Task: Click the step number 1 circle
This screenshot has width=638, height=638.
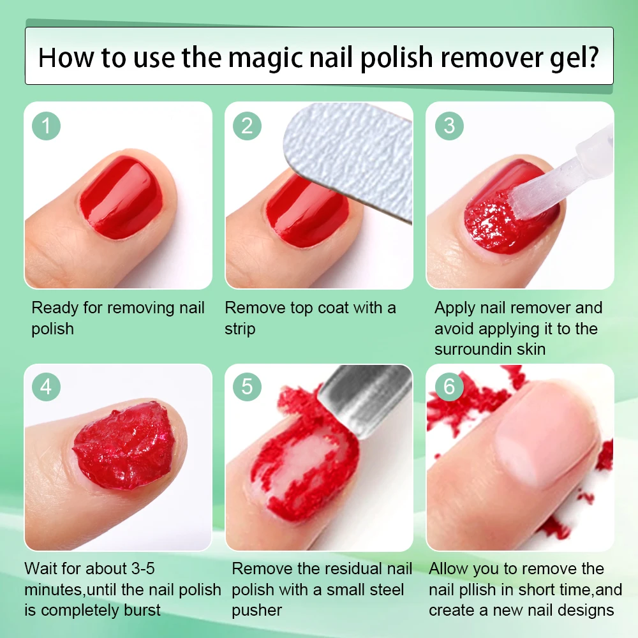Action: click(x=46, y=126)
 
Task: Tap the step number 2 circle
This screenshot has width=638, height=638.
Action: click(x=247, y=126)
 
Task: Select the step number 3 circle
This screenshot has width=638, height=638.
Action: click(x=449, y=126)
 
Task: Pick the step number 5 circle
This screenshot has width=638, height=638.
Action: click(x=247, y=387)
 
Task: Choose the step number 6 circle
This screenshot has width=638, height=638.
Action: click(x=449, y=387)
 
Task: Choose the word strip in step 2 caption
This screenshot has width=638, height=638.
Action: click(x=240, y=329)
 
